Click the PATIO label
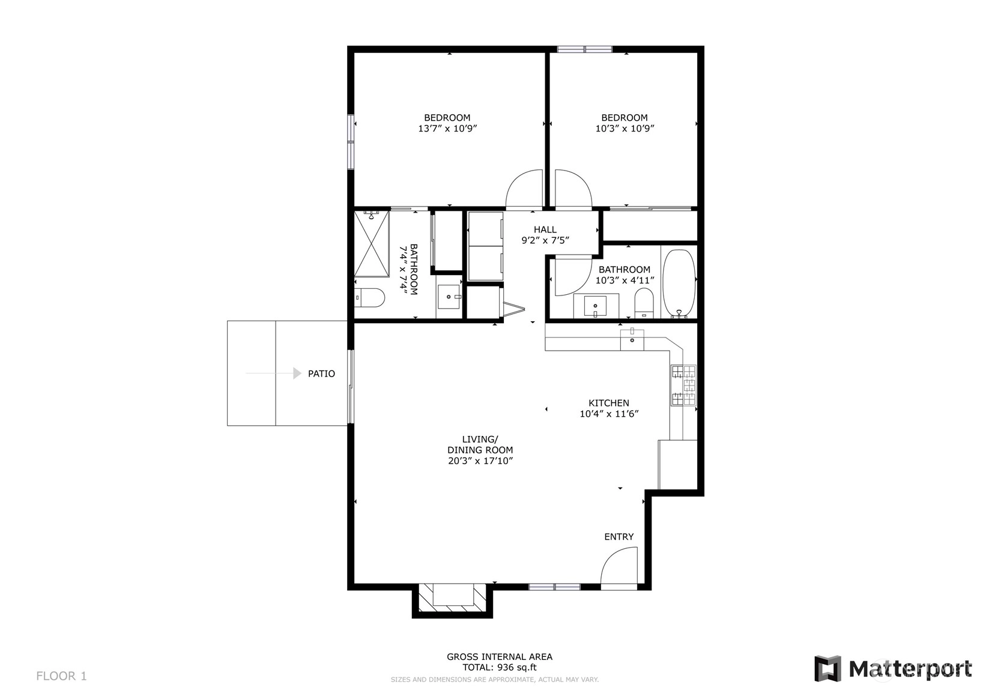pos(321,374)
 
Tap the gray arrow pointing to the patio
pos(273,373)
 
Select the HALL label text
pos(545,229)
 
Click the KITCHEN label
pos(609,403)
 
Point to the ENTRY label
pos(619,536)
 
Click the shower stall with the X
pos(371,244)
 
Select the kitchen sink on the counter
pos(632,339)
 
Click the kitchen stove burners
pos(683,385)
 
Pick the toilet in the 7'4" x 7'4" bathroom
pos(369,298)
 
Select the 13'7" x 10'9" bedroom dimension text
pos(448,129)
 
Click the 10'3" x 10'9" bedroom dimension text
pos(625,129)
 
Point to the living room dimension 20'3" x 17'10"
pos(480,461)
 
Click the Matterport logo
pos(893,668)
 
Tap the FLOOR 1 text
pos(61,676)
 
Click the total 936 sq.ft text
pos(500,667)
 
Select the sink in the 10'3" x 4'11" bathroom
pos(595,306)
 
